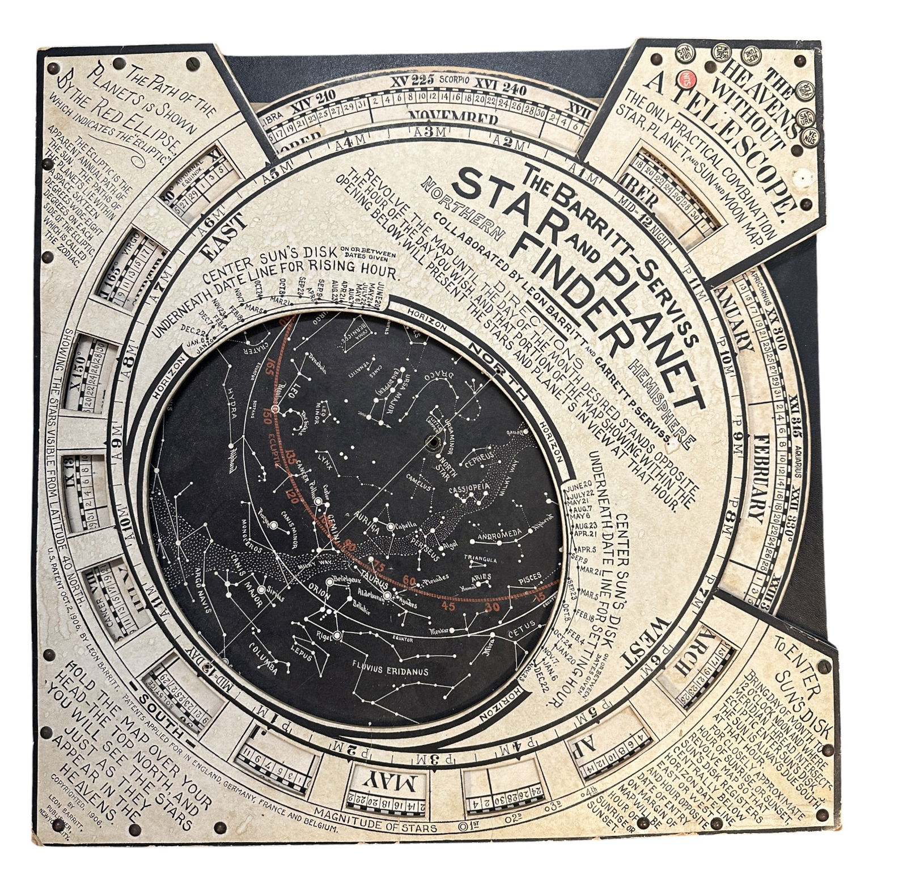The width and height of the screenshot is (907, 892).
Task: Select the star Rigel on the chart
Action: click(x=338, y=636)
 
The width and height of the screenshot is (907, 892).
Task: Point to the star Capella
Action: click(x=391, y=527)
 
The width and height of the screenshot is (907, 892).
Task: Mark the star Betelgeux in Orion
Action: click(x=330, y=581)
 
